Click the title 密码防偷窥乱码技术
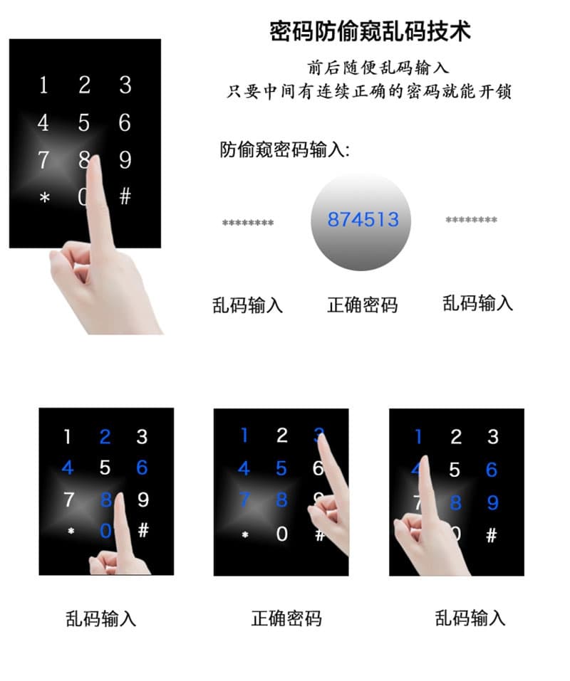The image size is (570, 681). pos(370,32)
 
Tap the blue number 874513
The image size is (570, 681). pos(363,220)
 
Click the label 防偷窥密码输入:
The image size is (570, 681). pos(285,151)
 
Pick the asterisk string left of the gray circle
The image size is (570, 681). pos(248,223)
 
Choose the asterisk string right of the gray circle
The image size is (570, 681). pos(471,221)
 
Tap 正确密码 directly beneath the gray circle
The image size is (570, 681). pos(362,305)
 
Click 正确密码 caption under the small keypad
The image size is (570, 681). pos(286,618)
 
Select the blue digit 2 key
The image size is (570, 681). pos(105,436)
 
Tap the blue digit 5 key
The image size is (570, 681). pos(281,468)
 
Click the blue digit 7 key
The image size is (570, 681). pos(244,500)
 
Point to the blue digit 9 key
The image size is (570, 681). pos(492,503)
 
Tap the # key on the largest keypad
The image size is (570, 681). pos(125,196)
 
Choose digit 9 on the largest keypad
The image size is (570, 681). pos(125,159)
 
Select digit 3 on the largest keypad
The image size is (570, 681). pos(125,85)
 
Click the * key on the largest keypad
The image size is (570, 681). pos(45,199)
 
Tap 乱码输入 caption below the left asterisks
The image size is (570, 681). pos(247,305)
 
